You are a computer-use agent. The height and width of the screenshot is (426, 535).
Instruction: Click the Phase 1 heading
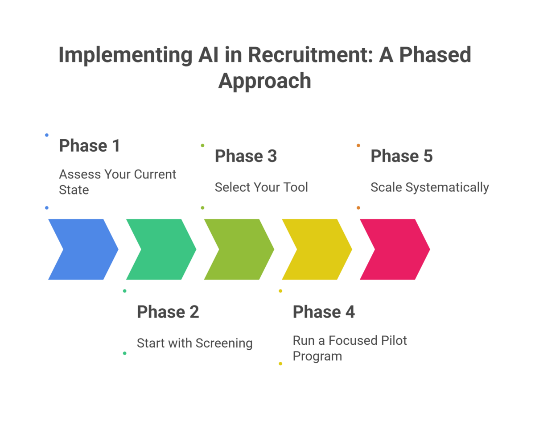point(90,146)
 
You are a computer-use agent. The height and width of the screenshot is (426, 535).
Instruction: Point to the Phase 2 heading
point(168,312)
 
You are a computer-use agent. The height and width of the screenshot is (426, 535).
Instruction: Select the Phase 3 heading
point(246,156)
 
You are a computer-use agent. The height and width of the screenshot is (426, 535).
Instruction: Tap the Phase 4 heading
point(324,312)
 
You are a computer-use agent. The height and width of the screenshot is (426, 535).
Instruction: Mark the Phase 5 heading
point(402,156)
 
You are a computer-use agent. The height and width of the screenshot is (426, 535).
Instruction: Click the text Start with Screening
point(194,343)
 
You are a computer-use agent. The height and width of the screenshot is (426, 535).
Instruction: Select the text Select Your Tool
point(261,187)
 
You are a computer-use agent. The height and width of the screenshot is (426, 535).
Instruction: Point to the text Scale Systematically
point(430,187)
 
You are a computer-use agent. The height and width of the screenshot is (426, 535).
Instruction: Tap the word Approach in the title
point(265,81)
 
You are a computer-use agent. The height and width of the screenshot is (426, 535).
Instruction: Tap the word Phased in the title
point(435,55)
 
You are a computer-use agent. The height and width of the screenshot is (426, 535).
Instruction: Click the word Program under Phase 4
point(317,356)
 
